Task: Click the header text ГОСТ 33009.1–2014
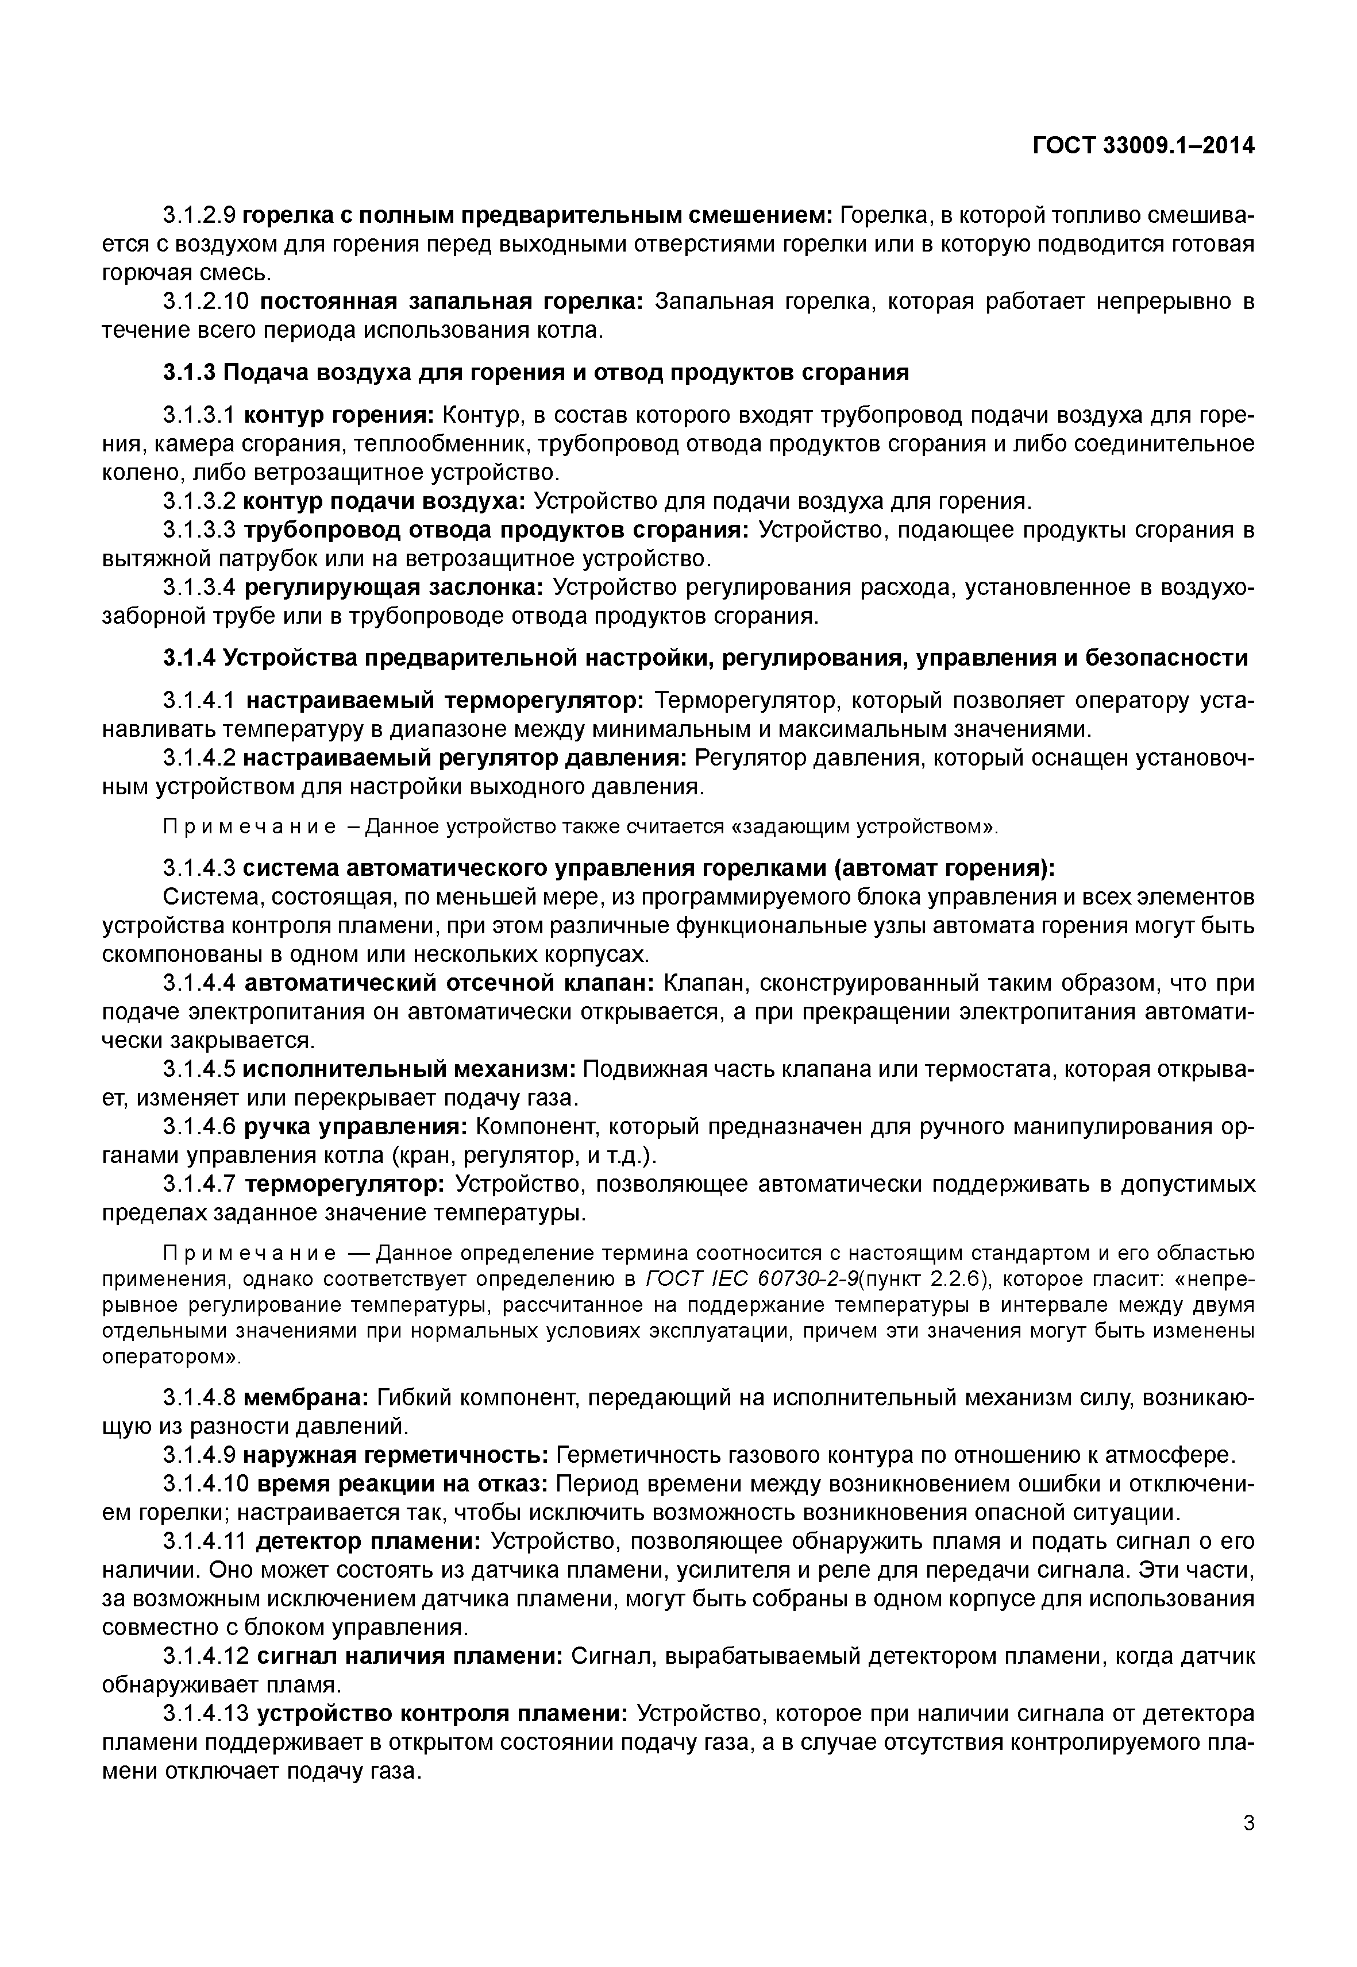click(1144, 145)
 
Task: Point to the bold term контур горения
click(338, 416)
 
